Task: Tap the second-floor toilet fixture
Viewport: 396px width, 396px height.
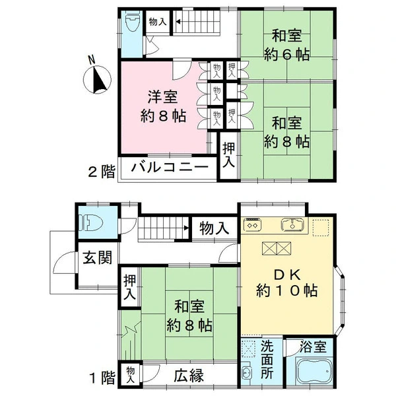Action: coord(133,22)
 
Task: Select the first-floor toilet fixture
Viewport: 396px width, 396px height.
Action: coord(90,223)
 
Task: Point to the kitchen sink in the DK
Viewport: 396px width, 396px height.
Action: coord(292,224)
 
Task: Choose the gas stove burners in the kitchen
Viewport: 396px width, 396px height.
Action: coord(252,224)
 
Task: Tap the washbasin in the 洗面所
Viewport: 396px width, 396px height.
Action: coord(247,374)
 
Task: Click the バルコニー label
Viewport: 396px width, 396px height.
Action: coord(170,168)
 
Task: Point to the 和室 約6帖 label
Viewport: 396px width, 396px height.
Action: coord(287,45)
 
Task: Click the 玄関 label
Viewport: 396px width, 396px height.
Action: coord(98,257)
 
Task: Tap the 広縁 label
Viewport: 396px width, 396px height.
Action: coord(189,376)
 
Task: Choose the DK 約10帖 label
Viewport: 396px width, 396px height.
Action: coord(287,282)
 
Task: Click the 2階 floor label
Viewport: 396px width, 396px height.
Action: coord(102,172)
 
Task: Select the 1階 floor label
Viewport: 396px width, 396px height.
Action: coord(102,378)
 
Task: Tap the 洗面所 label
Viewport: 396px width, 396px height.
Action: coord(267,360)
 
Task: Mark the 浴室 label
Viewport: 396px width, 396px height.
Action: coord(313,346)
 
